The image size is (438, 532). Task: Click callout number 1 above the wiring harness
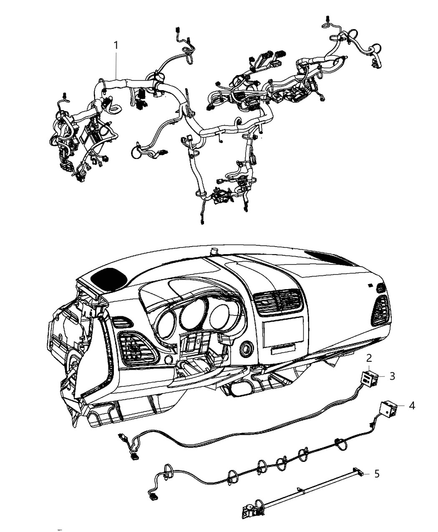[116, 45]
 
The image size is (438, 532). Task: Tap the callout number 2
[369, 358]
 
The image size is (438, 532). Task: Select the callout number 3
[392, 376]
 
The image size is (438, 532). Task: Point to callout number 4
[412, 405]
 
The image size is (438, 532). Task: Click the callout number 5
[377, 474]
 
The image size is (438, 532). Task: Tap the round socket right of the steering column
[246, 348]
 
